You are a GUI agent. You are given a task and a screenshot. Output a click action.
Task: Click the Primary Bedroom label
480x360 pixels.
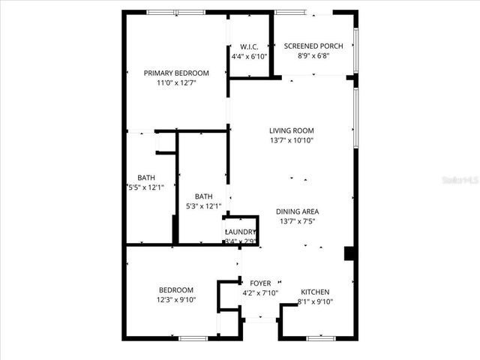[176, 73]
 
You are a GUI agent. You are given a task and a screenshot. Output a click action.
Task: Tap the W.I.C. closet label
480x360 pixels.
[249, 46]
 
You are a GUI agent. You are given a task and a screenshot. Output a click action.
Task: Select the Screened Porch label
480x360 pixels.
[313, 46]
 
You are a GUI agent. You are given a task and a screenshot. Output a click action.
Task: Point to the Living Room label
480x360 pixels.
[292, 130]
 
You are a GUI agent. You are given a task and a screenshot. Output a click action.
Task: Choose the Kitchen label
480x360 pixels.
[315, 292]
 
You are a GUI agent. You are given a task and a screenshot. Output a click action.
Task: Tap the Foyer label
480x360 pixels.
[260, 283]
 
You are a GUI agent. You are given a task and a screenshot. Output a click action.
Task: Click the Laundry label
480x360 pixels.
[241, 232]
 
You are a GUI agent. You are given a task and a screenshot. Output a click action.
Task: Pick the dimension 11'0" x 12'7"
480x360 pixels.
[176, 83]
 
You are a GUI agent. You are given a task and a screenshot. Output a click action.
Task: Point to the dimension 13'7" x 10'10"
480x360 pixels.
[292, 140]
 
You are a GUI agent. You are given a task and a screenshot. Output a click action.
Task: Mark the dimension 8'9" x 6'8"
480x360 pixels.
[313, 56]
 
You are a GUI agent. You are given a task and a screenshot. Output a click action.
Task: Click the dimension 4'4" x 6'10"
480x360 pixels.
[249, 56]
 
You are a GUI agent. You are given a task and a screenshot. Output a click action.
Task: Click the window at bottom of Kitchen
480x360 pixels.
[320, 338]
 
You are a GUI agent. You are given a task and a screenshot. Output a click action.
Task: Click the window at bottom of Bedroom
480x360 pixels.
[193, 338]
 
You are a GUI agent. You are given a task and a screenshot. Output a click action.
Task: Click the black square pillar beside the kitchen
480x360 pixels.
[349, 253]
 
